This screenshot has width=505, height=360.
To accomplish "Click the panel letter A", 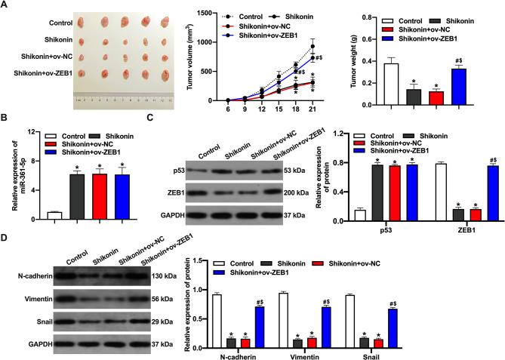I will (x=5, y=5).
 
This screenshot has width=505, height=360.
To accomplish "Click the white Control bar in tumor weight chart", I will (x=391, y=82).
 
